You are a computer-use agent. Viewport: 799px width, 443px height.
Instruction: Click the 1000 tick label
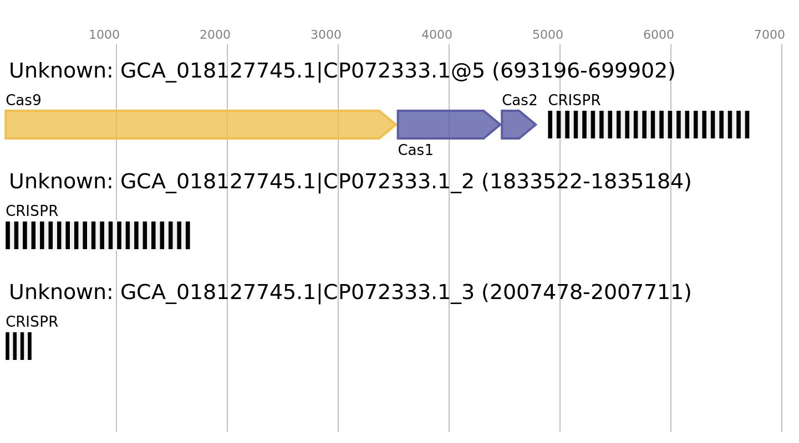[x=104, y=35]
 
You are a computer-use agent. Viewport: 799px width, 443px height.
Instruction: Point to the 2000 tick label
[x=215, y=35]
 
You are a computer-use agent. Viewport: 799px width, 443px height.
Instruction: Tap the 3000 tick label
[x=326, y=35]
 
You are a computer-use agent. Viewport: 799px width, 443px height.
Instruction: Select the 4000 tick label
[x=437, y=35]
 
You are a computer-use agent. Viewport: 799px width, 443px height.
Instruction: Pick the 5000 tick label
[x=548, y=35]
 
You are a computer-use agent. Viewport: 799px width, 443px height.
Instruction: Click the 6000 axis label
[x=659, y=35]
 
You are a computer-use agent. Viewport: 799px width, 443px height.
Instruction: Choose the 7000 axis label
[x=770, y=35]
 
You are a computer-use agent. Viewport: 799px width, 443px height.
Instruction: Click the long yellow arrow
[x=194, y=125]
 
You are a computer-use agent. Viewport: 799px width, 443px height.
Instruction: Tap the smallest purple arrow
[x=516, y=125]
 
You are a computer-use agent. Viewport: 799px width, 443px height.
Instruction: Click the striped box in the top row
[x=648, y=125]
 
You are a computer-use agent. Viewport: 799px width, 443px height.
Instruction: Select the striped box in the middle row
[x=98, y=235]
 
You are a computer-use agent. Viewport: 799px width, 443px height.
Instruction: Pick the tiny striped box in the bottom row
[x=18, y=346]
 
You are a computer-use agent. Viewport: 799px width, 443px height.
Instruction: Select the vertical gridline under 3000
[x=338, y=277]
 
